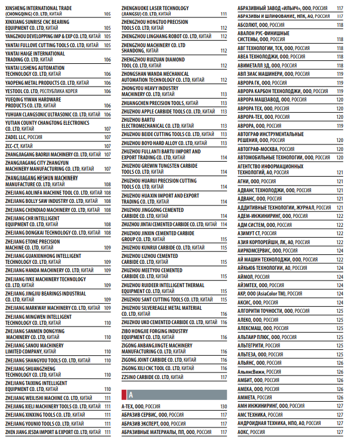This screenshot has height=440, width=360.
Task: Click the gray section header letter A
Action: click(x=131, y=394)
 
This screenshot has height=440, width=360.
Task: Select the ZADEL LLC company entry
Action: click(x=24, y=137)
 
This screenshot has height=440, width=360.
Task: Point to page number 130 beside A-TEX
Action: click(x=223, y=407)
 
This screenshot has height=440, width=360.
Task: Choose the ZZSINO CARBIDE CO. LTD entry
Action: click(x=152, y=377)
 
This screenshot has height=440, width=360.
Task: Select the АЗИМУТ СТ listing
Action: click(x=257, y=233)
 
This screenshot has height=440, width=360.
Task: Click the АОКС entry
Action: click(x=251, y=432)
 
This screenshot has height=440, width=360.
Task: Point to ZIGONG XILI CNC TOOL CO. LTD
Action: click(x=162, y=368)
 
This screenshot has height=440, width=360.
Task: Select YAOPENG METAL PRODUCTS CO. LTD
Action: click(x=47, y=82)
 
